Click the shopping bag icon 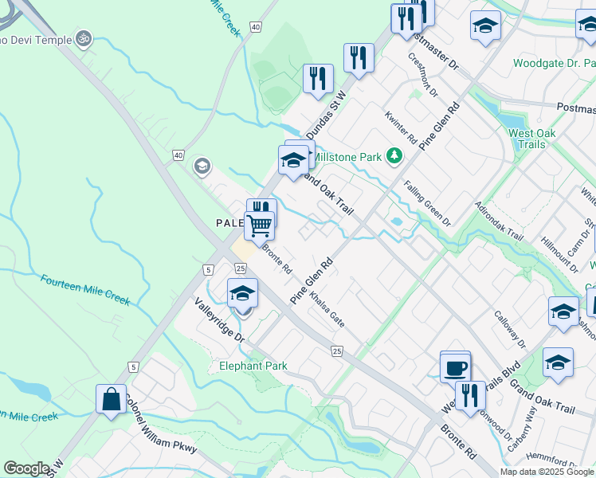[x=111, y=399]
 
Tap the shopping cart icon [x=259, y=225]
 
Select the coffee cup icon [x=455, y=368]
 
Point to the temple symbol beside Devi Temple [x=82, y=37]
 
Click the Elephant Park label [x=253, y=366]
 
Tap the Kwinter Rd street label [x=401, y=127]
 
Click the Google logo [x=26, y=468]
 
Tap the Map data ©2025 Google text [x=547, y=472]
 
